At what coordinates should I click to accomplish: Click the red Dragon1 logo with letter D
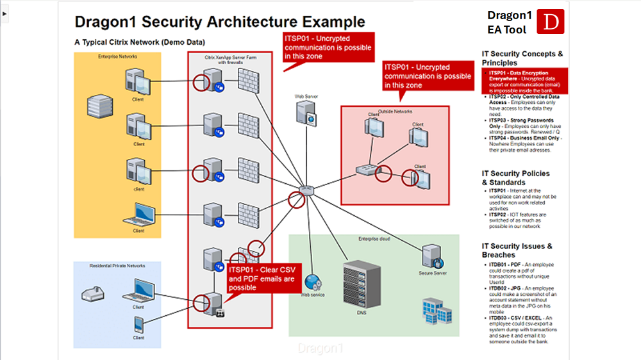click(548, 21)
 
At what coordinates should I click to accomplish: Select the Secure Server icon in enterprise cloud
click(432, 256)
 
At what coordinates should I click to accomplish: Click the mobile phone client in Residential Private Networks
click(138, 323)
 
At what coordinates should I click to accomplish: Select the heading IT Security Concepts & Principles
click(522, 58)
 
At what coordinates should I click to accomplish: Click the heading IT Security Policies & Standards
click(515, 177)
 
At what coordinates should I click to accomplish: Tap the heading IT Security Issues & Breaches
click(517, 250)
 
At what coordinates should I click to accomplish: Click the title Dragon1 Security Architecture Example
click(220, 22)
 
